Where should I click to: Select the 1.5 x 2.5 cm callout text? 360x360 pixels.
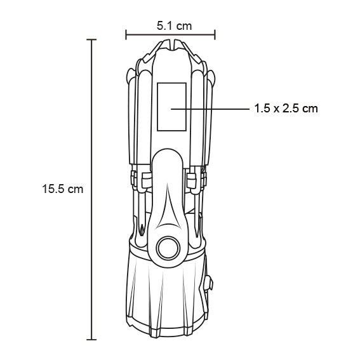285,109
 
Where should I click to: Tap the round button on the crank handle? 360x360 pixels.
170,248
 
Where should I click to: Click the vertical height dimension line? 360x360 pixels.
93,190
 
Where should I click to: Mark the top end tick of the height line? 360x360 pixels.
93,39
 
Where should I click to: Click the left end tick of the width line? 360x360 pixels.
126,35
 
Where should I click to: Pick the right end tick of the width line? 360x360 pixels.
215,35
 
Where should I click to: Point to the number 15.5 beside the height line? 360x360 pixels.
55,189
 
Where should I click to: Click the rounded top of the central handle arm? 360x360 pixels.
170,156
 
